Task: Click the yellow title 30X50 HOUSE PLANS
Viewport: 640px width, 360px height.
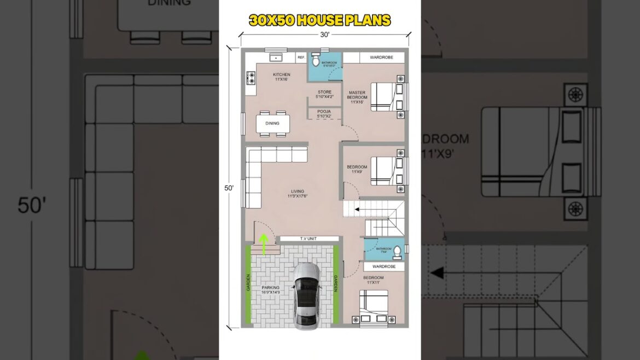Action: click(320, 21)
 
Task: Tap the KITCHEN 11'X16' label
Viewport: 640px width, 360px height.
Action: click(282, 77)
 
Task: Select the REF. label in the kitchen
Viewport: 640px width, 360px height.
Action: click(301, 57)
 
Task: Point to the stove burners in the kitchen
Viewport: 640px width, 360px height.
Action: click(252, 78)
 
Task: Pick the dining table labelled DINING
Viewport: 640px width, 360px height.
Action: click(272, 123)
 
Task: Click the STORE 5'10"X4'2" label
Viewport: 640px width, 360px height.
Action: click(325, 94)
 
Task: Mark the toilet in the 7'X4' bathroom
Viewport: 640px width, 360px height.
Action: click(397, 251)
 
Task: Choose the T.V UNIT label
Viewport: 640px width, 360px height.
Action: click(309, 239)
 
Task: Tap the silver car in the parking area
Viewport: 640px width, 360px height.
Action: click(306, 295)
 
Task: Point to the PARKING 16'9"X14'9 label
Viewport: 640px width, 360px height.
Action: click(270, 289)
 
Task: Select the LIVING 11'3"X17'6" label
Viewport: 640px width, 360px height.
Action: click(297, 194)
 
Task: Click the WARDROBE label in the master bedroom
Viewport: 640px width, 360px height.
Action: click(381, 57)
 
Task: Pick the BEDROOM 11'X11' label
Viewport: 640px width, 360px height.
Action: click(374, 280)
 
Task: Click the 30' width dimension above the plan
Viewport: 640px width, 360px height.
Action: click(324, 34)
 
